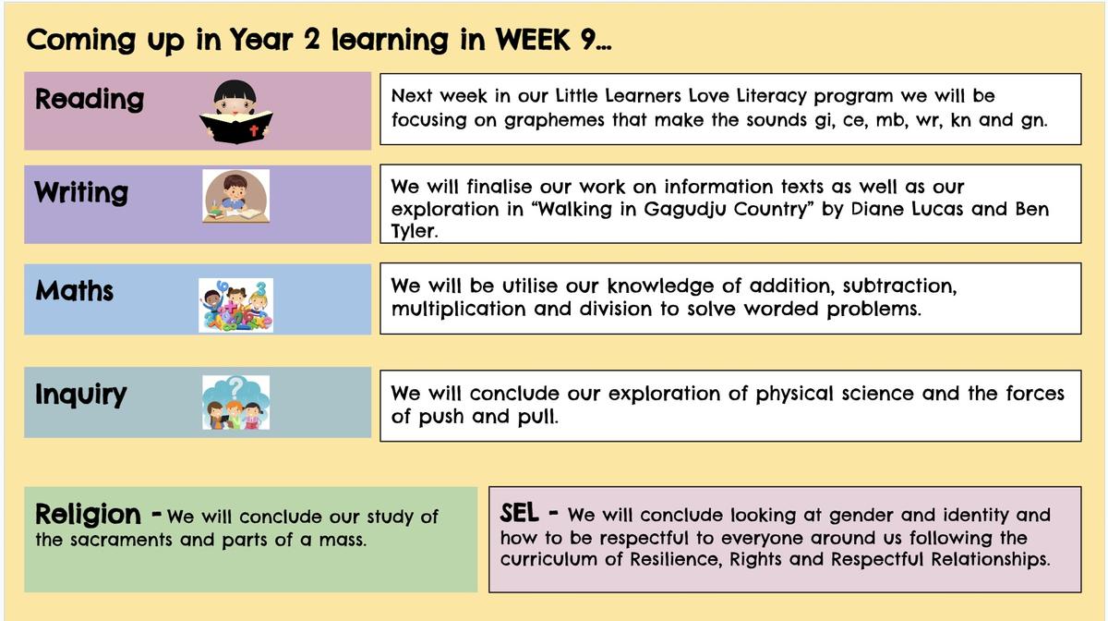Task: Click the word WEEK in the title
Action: [x=533, y=40]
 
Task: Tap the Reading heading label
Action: [x=90, y=99]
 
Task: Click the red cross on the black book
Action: [x=254, y=130]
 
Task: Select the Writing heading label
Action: [x=81, y=192]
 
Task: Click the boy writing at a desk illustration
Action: [x=236, y=196]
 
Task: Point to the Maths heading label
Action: [x=74, y=291]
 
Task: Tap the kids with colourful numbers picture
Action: [x=236, y=305]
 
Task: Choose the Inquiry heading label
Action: [x=80, y=396]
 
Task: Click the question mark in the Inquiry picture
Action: [x=236, y=387]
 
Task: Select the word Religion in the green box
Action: [x=89, y=516]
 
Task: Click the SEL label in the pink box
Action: [x=519, y=513]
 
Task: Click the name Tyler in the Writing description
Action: [x=414, y=231]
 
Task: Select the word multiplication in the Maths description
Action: [x=458, y=310]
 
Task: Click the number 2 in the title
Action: [x=312, y=39]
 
